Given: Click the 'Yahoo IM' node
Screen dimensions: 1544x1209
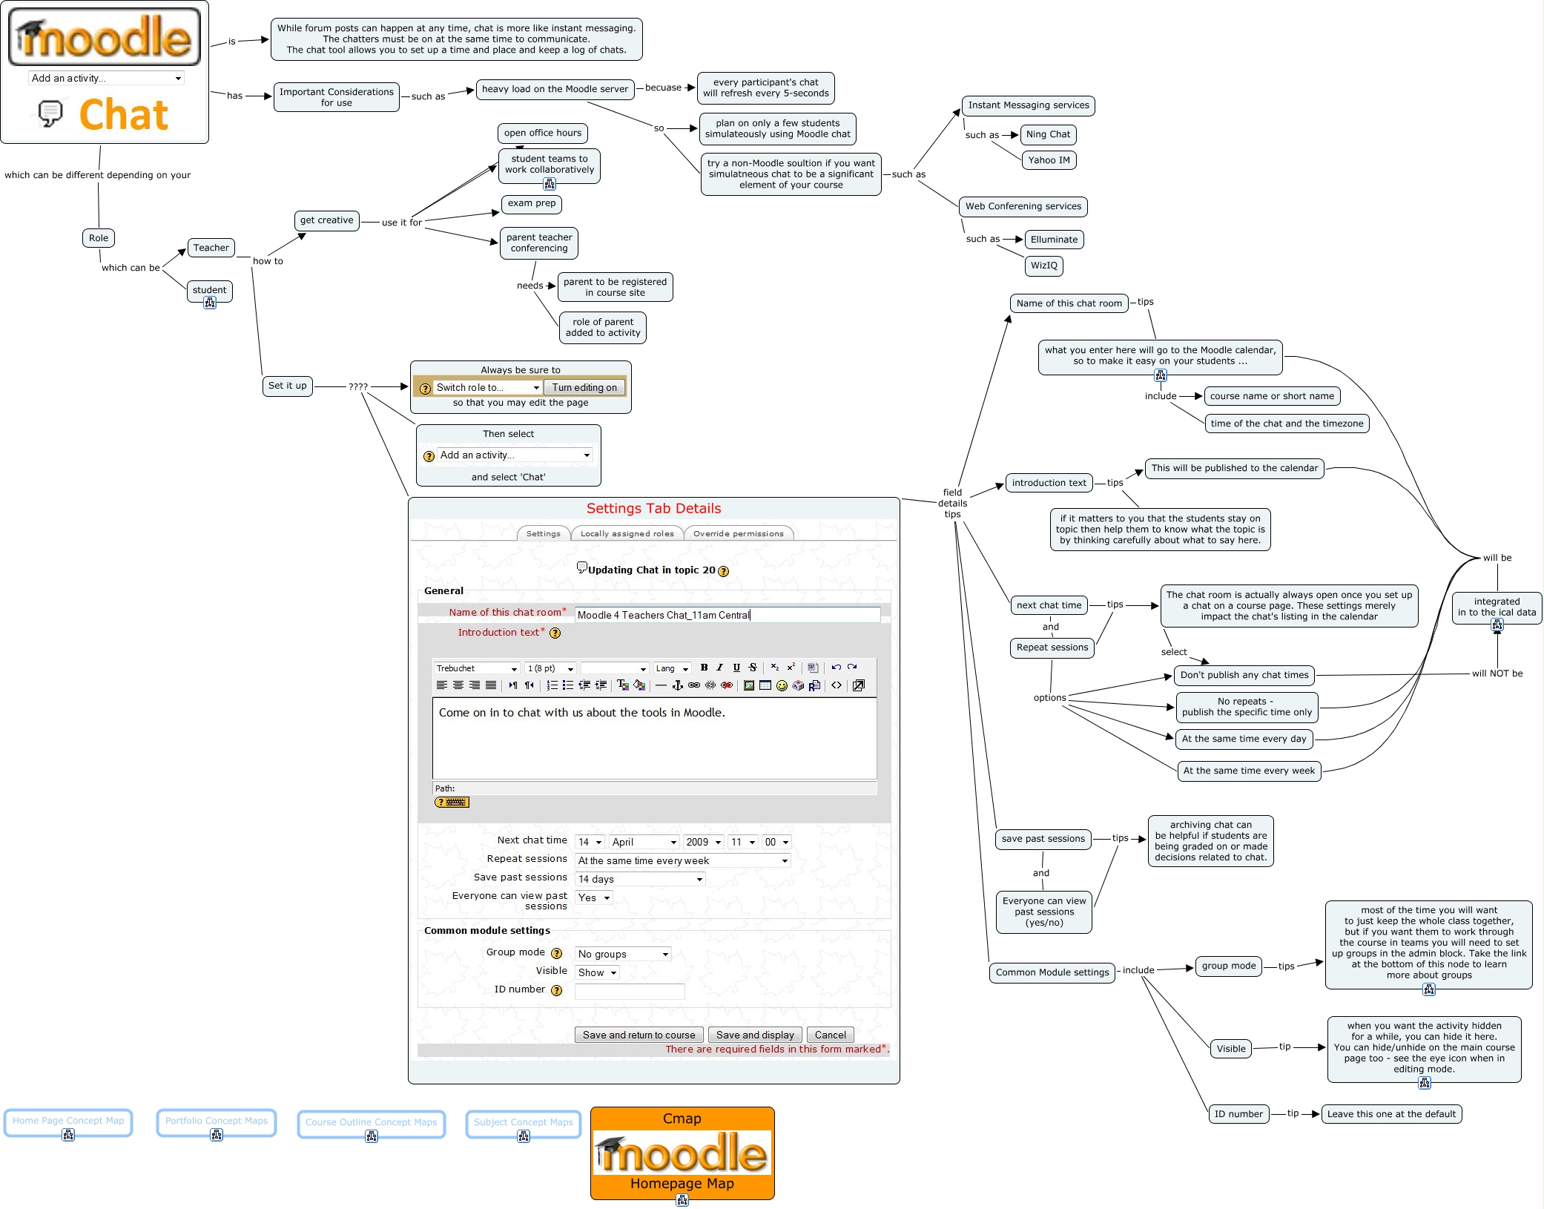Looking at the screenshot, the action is click(x=1049, y=160).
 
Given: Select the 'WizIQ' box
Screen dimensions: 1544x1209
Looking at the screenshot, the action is click(x=1043, y=266).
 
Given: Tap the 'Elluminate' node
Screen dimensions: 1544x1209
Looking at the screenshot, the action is click(x=1054, y=240).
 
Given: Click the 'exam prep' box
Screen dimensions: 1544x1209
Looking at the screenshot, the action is click(x=532, y=204).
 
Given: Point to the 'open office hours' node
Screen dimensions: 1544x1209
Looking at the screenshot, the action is click(x=543, y=134).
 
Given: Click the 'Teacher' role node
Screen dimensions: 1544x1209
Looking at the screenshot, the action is click(x=211, y=248).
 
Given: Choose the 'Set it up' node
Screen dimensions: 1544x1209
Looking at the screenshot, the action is click(x=287, y=386).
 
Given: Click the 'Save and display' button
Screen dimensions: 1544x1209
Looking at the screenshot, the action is click(x=755, y=1035).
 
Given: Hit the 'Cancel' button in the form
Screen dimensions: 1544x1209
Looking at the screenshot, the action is click(x=830, y=1035).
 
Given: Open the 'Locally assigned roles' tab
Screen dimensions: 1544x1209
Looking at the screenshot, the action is click(x=627, y=533).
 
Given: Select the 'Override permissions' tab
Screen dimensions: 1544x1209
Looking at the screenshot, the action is click(x=738, y=533).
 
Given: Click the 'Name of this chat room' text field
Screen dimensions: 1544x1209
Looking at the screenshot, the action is click(x=727, y=615).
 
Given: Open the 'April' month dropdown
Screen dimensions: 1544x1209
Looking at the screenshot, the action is click(x=644, y=842).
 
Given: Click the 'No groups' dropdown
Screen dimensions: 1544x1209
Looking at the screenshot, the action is click(x=623, y=955).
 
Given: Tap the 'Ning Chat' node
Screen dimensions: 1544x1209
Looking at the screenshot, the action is click(x=1048, y=134).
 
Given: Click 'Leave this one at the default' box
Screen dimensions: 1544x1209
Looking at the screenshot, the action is click(x=1391, y=1114).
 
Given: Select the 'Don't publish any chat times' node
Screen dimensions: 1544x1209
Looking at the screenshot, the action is click(x=1244, y=675).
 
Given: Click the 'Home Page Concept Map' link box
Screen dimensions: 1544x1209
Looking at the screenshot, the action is click(x=68, y=1121).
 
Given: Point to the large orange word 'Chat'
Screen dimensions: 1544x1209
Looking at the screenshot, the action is click(x=124, y=115).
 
